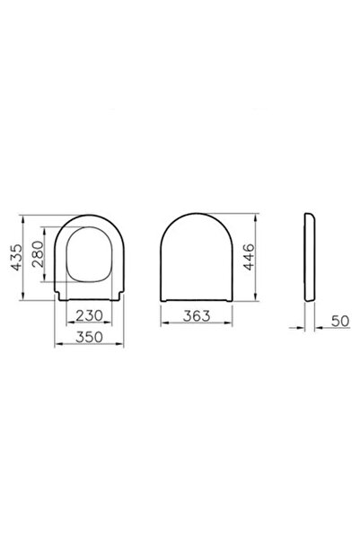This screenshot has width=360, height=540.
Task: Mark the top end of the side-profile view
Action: [310, 217]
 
